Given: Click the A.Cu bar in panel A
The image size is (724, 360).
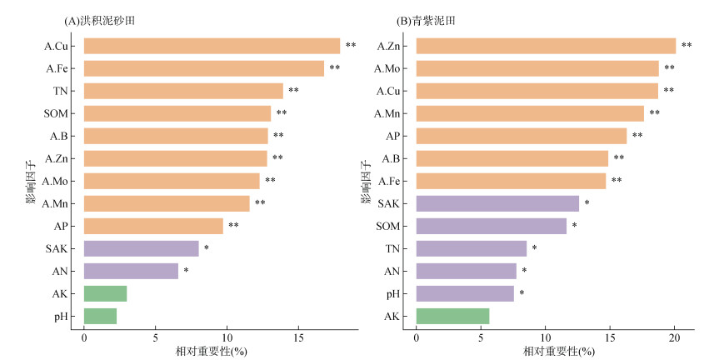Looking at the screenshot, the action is (x=212, y=46).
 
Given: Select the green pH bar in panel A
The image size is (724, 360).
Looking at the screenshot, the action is (x=100, y=316).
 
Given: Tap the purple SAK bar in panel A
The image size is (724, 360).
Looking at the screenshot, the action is (x=142, y=248).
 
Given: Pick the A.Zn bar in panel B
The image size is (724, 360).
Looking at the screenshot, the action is (x=547, y=46).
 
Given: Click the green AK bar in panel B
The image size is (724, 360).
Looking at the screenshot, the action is (x=453, y=316).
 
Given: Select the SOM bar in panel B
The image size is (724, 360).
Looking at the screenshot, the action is (x=492, y=226).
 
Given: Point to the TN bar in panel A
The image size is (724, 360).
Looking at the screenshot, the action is (x=183, y=91).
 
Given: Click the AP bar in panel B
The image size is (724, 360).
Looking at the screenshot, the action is (x=522, y=136).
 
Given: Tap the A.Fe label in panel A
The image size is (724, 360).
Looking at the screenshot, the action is (x=57, y=68).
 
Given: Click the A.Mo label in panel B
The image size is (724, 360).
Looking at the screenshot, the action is (x=387, y=68).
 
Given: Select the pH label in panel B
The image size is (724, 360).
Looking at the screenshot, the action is (x=393, y=293).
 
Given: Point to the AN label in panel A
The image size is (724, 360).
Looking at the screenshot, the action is (x=60, y=271).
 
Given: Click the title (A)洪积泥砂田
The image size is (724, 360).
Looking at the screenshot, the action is (x=99, y=21).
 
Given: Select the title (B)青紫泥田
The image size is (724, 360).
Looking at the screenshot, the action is (x=426, y=21).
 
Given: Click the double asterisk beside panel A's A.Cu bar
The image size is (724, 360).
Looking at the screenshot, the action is (x=351, y=45).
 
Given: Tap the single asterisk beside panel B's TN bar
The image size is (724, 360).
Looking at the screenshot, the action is (x=535, y=247).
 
